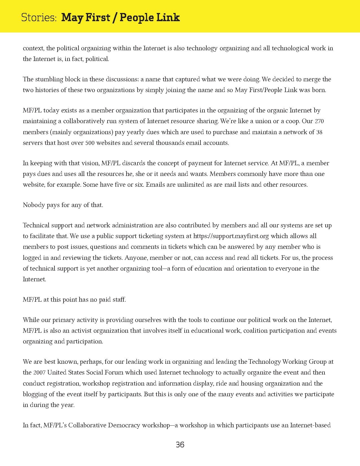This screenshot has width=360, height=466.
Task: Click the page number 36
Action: [180, 445]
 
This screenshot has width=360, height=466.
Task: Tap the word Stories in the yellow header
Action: [39, 18]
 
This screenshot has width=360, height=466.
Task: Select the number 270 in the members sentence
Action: [319, 121]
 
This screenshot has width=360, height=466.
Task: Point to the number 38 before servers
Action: [319, 132]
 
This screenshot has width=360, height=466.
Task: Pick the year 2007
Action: [39, 373]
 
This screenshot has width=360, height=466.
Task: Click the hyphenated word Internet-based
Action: [310, 425]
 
